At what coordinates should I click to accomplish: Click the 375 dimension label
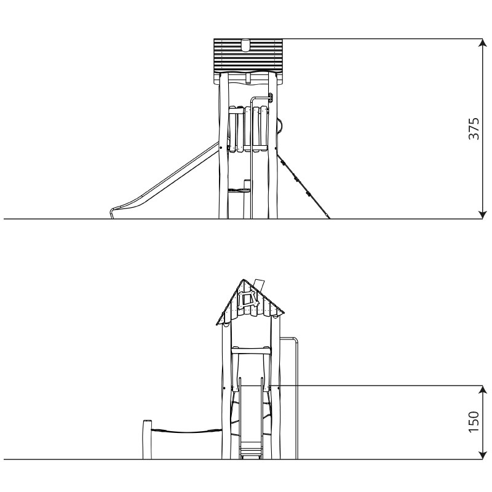tap(474, 129)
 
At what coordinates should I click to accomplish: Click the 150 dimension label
tap(474, 422)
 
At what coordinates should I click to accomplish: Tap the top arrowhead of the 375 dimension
tap(482, 42)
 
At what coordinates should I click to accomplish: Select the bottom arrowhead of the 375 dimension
tap(482, 215)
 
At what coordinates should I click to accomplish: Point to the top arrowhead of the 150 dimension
tap(482, 389)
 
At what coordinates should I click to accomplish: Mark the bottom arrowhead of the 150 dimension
tap(482, 455)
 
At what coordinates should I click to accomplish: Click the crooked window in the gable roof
tap(248, 299)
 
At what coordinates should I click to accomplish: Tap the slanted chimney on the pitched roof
tap(260, 284)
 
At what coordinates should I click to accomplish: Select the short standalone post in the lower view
tap(147, 440)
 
